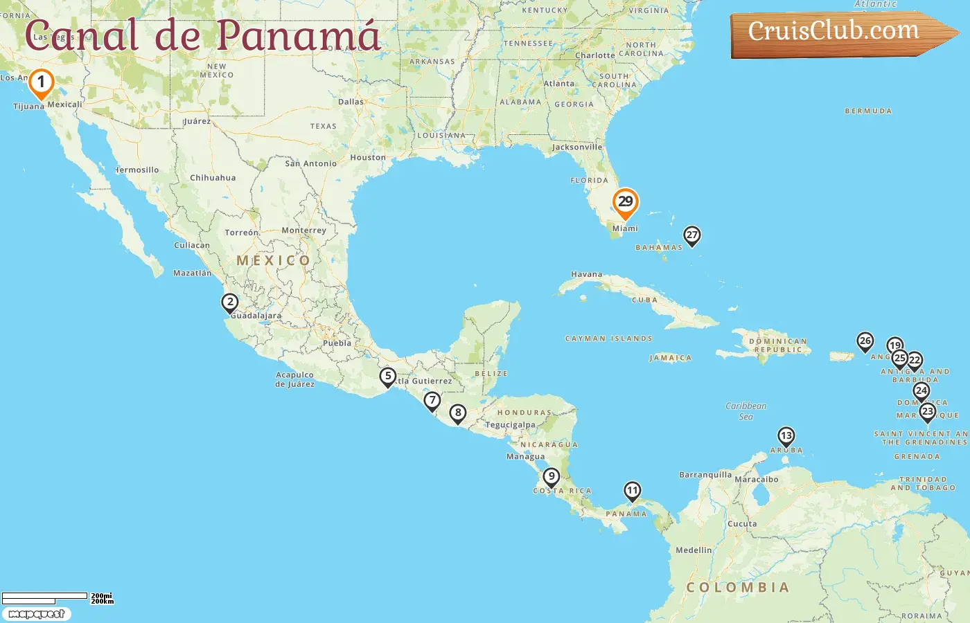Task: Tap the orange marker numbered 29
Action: pos(625,202)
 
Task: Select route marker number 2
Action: pos(230,303)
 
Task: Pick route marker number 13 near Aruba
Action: pos(786,436)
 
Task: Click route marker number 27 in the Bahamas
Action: pos(691,235)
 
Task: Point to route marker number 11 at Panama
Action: pos(632,491)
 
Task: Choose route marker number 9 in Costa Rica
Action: pos(552,477)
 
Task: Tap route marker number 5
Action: pos(388,377)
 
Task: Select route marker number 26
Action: pos(865,341)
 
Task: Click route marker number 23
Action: pos(927,412)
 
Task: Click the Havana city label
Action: pos(586,275)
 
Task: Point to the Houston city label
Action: pos(368,158)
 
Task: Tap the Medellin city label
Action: pos(694,550)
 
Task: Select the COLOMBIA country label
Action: pos(738,588)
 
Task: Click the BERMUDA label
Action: pos(868,111)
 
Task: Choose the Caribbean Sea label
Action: pos(746,411)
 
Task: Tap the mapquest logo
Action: pos(36,614)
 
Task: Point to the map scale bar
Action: pos(46,597)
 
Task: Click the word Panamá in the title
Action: pos(298,36)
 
